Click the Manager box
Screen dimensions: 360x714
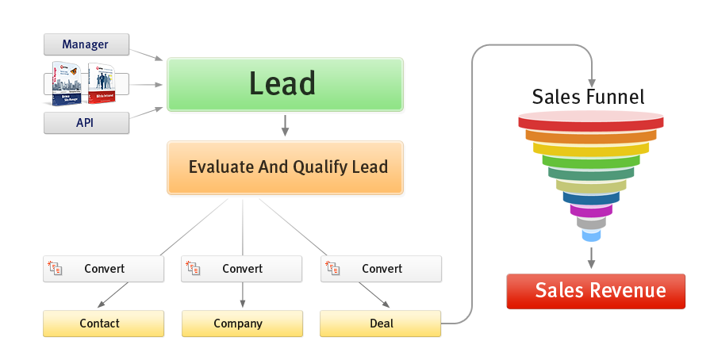point(86,44)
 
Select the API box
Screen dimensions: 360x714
point(86,123)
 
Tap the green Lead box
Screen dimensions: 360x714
point(284,83)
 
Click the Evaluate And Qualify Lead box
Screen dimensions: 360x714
point(284,167)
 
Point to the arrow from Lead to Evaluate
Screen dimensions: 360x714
point(284,124)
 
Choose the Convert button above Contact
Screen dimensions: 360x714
point(103,269)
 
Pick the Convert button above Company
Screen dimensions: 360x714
point(242,269)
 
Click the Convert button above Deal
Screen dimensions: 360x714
point(381,269)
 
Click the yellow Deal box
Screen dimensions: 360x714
point(381,324)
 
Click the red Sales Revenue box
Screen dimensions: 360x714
point(595,291)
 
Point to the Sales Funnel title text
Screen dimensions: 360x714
point(588,98)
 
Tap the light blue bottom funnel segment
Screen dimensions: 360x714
point(591,235)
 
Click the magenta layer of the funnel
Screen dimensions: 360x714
point(591,211)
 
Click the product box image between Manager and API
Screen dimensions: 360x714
point(86,83)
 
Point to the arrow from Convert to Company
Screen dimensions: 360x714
point(242,295)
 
